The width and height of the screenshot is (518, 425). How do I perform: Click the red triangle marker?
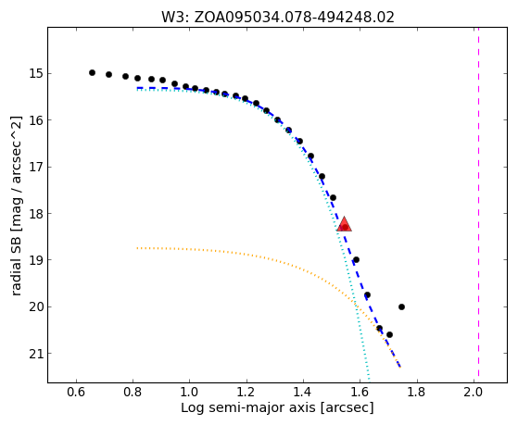click(x=344, y=225)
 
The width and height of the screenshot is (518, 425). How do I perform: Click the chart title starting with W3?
click(x=278, y=17)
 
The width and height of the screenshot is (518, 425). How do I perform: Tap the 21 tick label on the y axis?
click(x=33, y=354)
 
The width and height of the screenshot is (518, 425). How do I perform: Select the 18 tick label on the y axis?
click(x=33, y=214)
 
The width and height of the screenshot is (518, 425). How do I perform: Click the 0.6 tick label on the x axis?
click(x=76, y=393)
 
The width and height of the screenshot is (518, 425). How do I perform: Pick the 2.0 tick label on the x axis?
click(x=474, y=393)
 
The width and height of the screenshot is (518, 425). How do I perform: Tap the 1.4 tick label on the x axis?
click(x=303, y=393)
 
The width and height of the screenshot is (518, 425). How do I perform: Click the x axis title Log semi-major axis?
click(x=277, y=408)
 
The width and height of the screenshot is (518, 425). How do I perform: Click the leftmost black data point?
click(x=92, y=72)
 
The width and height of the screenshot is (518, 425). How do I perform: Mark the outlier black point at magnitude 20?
click(x=401, y=306)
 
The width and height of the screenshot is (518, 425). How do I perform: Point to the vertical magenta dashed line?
click(x=478, y=202)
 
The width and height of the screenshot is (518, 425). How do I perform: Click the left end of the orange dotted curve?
click(x=137, y=247)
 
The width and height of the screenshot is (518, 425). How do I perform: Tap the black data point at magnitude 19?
click(x=356, y=260)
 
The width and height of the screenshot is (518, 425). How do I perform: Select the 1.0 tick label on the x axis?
click(x=190, y=393)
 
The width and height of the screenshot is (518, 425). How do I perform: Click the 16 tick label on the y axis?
click(x=33, y=120)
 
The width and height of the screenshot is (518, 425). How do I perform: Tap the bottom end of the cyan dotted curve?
click(x=369, y=380)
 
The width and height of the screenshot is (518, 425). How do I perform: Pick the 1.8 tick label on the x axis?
click(x=417, y=393)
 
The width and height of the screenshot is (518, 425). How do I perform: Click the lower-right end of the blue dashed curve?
click(x=400, y=367)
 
